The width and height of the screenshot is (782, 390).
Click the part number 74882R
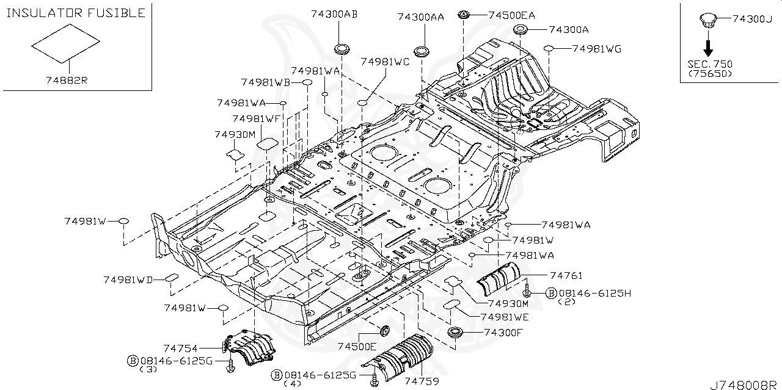pyautogui.click(x=67, y=80)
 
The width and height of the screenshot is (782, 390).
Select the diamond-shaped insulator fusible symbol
pyautogui.click(x=66, y=44)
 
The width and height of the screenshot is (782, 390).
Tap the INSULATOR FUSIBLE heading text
pyautogui.click(x=76, y=13)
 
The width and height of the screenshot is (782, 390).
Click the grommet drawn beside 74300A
pyautogui.click(x=520, y=31)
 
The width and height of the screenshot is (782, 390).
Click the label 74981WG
pyautogui.click(x=596, y=49)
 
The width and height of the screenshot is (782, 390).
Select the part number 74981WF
pyautogui.click(x=256, y=118)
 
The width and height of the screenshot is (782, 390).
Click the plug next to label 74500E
pyautogui.click(x=385, y=331)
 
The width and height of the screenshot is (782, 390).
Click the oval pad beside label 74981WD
pyautogui.click(x=170, y=280)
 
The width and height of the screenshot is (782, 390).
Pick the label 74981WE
pyautogui.click(x=505, y=317)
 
